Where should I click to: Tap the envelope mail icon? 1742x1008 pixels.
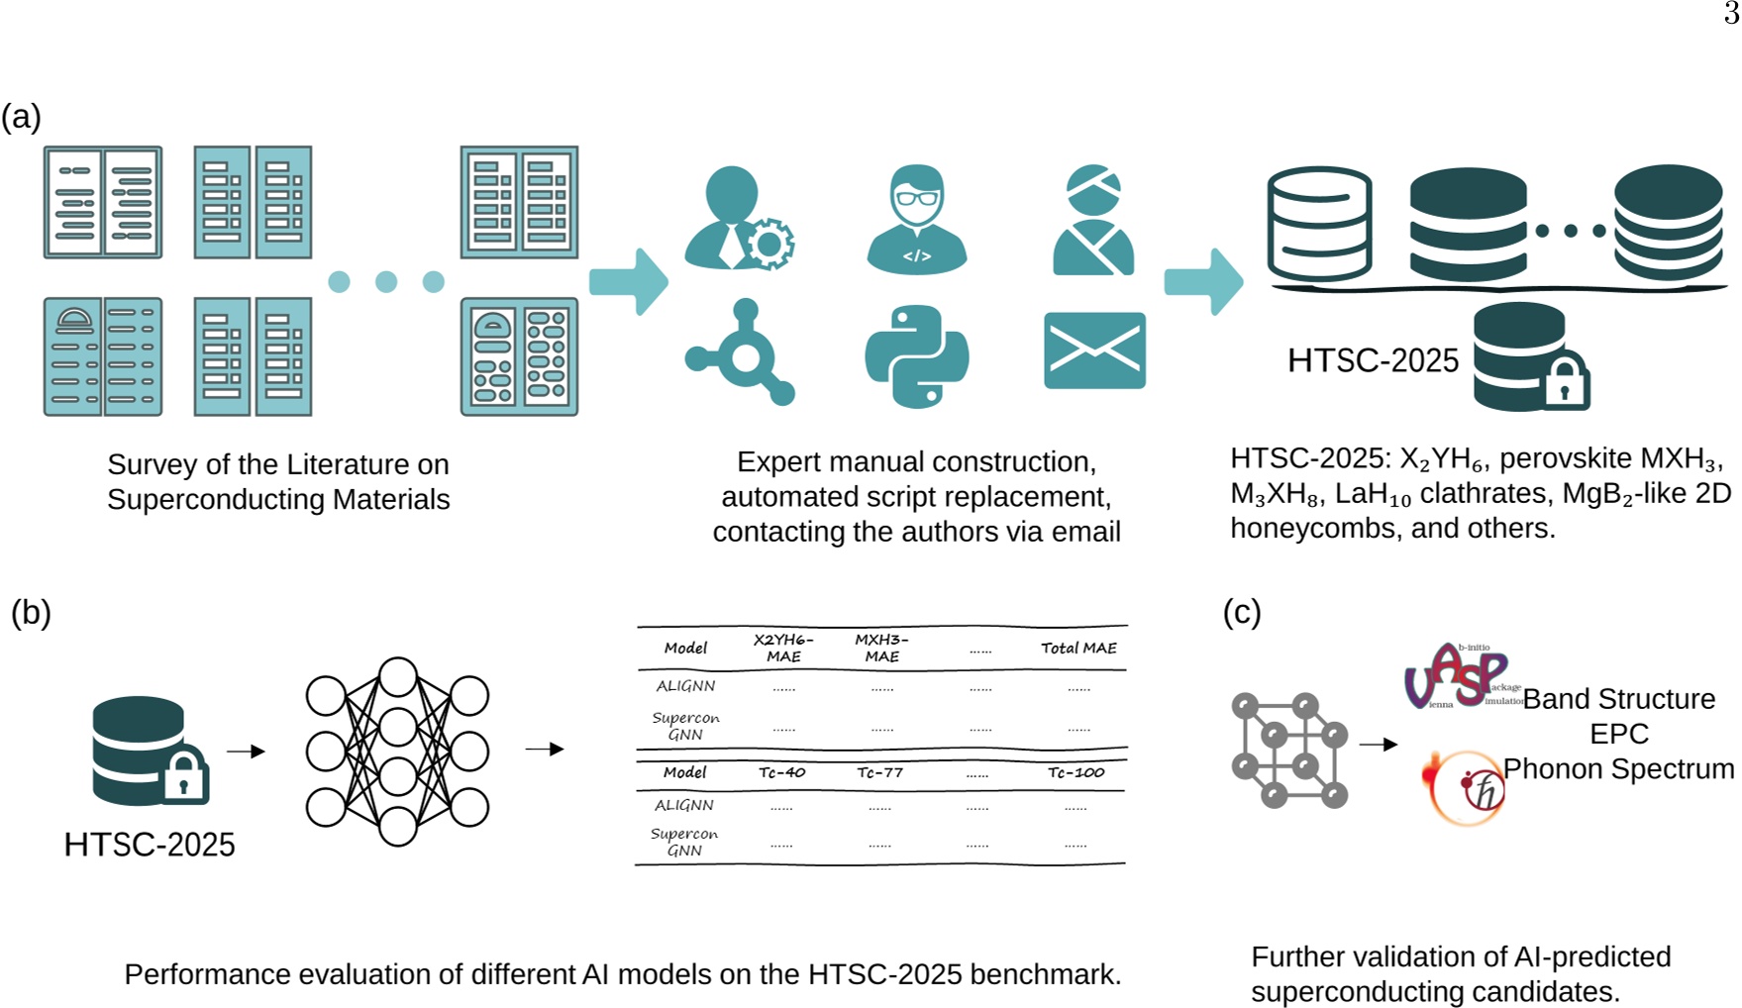pyautogui.click(x=1094, y=351)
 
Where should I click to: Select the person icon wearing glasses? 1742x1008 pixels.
pyautogui.click(x=916, y=219)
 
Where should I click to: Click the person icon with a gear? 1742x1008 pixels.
pyautogui.click(x=738, y=219)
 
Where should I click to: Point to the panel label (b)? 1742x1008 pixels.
pyautogui.click(x=31, y=612)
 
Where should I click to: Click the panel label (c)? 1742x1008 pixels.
pyautogui.click(x=1242, y=612)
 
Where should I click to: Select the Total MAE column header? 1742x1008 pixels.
pyautogui.click(x=1078, y=648)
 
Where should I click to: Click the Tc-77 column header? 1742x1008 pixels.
pyautogui.click(x=879, y=772)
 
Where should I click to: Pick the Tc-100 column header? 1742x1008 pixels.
pyautogui.click(x=1076, y=772)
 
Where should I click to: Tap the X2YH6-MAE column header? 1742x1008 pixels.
pyautogui.click(x=782, y=648)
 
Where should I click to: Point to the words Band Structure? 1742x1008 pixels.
pyautogui.click(x=1618, y=699)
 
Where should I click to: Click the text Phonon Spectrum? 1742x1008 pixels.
pyautogui.click(x=1618, y=769)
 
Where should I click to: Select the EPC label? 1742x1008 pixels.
pyautogui.click(x=1618, y=734)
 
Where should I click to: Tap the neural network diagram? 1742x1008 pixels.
pyautogui.click(x=397, y=752)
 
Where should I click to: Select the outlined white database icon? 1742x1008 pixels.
pyautogui.click(x=1319, y=225)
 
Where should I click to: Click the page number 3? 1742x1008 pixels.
pyautogui.click(x=1731, y=14)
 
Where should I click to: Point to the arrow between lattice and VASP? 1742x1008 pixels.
pyautogui.click(x=1378, y=744)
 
